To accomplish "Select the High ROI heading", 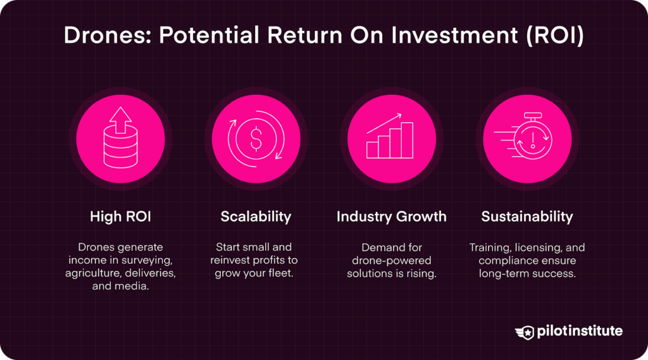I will (120, 217).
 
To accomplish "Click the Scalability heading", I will (256, 217).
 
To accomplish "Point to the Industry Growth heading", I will (391, 217).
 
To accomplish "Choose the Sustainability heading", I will (526, 217).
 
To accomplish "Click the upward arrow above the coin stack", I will (120, 118).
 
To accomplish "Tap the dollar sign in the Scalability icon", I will (256, 140).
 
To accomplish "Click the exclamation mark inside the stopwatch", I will (532, 140).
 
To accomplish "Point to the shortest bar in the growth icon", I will (373, 149).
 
